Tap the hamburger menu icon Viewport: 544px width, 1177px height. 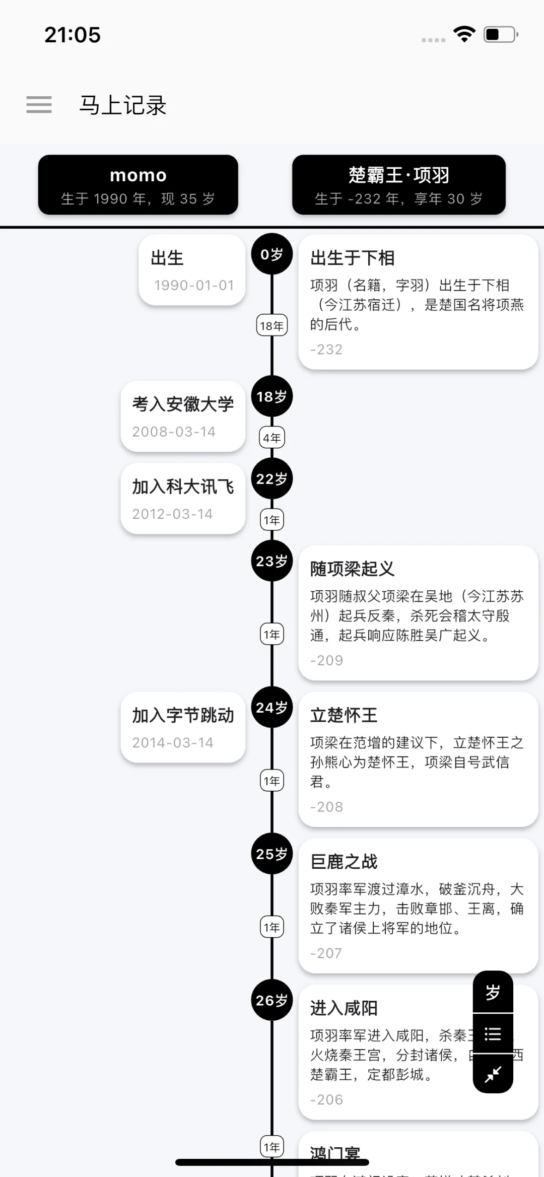39,105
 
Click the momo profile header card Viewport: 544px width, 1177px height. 138,185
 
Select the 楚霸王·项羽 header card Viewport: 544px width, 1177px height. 398,185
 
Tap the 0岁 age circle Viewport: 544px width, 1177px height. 272,254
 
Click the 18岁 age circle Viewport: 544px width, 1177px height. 272,397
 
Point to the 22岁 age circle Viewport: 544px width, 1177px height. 272,479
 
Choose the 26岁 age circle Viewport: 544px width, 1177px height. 272,1000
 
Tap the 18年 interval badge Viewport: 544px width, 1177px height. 272,326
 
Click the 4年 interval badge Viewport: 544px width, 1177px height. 272,438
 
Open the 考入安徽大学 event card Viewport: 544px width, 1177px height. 183,417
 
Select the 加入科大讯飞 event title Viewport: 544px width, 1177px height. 183,487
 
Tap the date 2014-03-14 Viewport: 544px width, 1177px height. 173,742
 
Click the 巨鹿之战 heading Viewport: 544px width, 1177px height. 344,862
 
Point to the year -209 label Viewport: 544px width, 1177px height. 326,660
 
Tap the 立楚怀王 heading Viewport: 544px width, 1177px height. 344,715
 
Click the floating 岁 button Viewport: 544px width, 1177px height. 493,992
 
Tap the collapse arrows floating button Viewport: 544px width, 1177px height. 493,1074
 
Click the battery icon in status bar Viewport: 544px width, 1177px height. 501,35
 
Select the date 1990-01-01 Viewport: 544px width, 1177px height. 194,286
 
